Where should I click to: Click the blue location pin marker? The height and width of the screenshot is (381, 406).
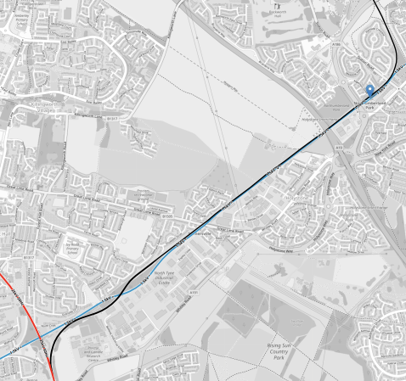point(369,91)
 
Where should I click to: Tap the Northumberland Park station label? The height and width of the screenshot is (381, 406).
point(369,107)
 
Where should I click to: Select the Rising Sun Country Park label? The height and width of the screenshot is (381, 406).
point(272,350)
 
